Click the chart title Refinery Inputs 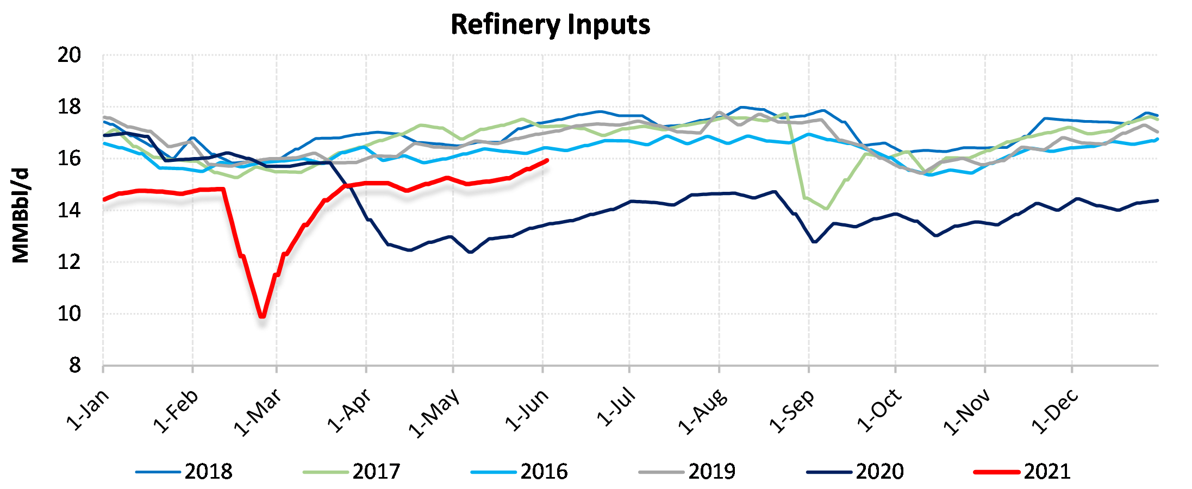click(x=550, y=25)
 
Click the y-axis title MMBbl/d click(x=21, y=216)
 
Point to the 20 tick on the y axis click(x=69, y=55)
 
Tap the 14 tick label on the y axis click(x=69, y=210)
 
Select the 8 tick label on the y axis click(x=75, y=366)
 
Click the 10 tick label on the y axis click(x=69, y=314)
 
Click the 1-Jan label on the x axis click(x=87, y=411)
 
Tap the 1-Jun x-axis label click(x=526, y=411)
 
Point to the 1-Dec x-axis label click(x=1054, y=412)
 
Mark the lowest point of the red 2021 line click(x=263, y=316)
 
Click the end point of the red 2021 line click(x=546, y=160)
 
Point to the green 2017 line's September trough click(x=827, y=209)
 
